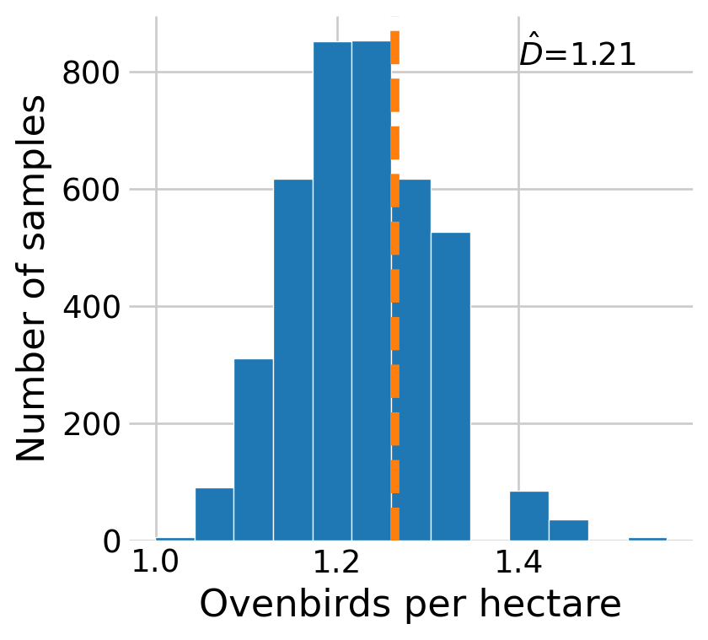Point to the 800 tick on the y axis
(x=92, y=73)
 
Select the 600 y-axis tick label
(x=92, y=190)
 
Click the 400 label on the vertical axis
(x=92, y=307)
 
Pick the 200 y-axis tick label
(x=92, y=424)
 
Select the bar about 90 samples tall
(x=214, y=514)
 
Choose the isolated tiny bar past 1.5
(x=647, y=538)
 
